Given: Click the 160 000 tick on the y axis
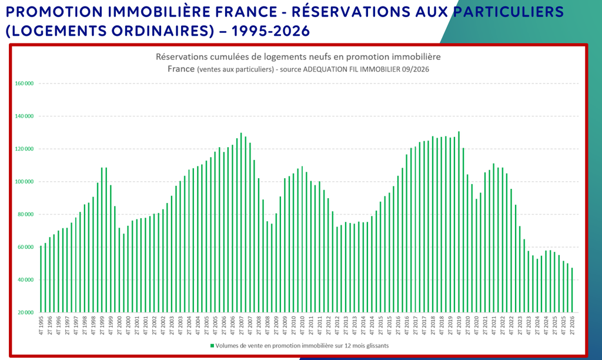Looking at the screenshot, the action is pyautogui.click(x=24, y=84).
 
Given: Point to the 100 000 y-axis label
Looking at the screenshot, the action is pyautogui.click(x=24, y=182).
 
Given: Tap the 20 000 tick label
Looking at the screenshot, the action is pyautogui.click(x=26, y=313).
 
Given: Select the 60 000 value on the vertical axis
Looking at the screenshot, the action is pyautogui.click(x=26, y=247).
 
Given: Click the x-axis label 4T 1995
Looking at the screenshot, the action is pyautogui.click(x=41, y=325).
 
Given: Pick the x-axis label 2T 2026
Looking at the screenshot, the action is pyautogui.click(x=572, y=325).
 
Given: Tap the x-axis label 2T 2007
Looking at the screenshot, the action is pyautogui.click(x=241, y=325).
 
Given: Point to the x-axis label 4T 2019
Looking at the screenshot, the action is pyautogui.click(x=459, y=325).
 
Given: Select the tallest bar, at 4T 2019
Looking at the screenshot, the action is pyautogui.click(x=459, y=222).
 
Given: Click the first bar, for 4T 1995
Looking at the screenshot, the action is pyautogui.click(x=41, y=279).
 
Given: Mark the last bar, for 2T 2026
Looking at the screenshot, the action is pyautogui.click(x=572, y=290).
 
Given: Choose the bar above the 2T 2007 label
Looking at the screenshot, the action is pyautogui.click(x=241, y=222).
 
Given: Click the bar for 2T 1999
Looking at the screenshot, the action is pyautogui.click(x=102, y=240).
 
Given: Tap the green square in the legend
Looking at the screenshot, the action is pyautogui.click(x=212, y=346).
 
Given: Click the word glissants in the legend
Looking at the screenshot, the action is pyautogui.click(x=377, y=346).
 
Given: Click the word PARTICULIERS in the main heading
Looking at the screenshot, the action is pyautogui.click(x=509, y=12).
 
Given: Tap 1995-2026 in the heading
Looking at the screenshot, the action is pyautogui.click(x=270, y=31).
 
